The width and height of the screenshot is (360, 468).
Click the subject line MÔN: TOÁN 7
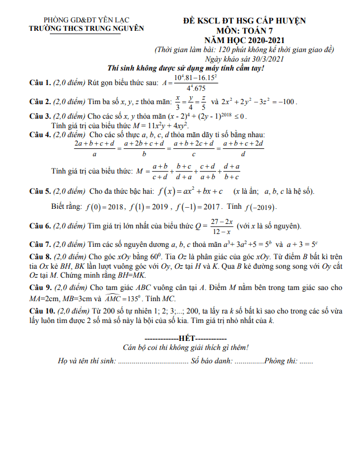click(x=244, y=31)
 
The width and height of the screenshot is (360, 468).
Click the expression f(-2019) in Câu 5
click(x=260, y=208)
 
